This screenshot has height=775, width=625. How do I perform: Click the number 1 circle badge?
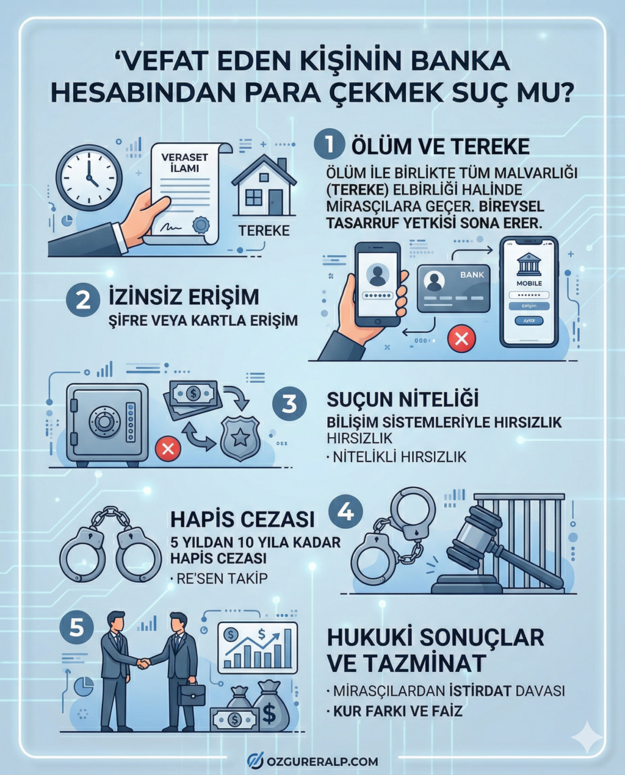pos(330,146)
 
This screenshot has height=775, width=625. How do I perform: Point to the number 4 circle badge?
pos(345,512)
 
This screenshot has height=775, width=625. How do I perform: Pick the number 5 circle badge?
pos(77,627)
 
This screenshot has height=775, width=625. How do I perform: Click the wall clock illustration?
pos(89,178)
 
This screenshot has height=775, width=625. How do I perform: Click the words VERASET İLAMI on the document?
pos(184,162)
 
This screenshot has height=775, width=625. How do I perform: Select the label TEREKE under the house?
pos(264,230)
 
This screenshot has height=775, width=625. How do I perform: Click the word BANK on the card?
pos(472,275)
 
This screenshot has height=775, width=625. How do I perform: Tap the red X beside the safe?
pos(167,449)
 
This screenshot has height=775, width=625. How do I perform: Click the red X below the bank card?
pos(461,338)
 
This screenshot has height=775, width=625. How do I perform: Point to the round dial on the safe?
pos(104,421)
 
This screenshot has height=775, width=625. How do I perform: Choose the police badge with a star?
pos(240,438)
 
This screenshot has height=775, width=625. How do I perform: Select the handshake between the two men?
pos(143,662)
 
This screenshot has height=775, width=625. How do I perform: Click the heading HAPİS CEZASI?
pos(242,519)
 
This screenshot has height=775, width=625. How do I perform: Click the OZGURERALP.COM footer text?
pos(322,761)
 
